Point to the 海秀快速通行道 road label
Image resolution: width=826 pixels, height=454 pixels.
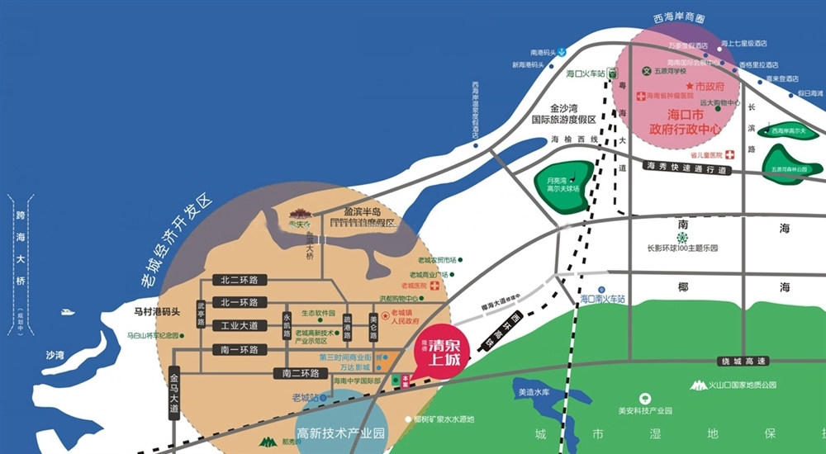coord(686,168)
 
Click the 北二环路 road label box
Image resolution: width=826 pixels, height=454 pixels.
coord(240,279)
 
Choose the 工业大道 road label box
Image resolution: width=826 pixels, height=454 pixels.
coord(240,325)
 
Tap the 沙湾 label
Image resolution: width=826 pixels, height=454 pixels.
coord(55,355)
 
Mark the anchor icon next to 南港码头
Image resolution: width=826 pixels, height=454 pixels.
coord(561,52)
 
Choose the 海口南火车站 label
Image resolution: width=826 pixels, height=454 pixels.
coord(603,298)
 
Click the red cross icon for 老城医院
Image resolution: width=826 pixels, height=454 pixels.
coord(434,286)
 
